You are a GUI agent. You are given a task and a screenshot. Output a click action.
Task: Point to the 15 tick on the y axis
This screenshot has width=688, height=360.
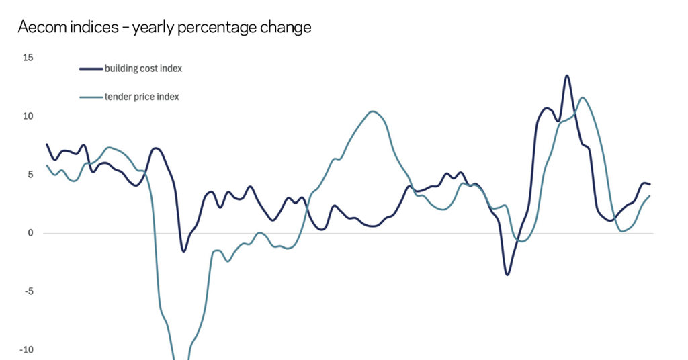point(28,58)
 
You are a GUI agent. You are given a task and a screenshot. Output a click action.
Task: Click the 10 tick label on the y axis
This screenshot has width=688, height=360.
point(28,116)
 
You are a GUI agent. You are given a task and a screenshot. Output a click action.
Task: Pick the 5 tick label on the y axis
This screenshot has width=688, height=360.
point(30,175)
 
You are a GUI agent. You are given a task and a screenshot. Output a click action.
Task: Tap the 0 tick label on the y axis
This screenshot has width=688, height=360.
point(30,233)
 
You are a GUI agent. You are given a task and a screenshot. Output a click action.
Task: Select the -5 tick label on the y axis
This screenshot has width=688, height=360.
point(28,291)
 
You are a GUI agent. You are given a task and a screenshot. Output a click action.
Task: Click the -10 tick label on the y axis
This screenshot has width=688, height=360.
point(26,350)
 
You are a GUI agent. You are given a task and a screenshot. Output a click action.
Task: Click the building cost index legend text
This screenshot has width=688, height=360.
point(143,69)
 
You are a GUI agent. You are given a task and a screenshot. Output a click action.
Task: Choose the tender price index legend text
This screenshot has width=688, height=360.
point(142,97)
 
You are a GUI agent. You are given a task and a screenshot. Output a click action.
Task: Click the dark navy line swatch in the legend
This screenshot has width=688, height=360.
point(91,69)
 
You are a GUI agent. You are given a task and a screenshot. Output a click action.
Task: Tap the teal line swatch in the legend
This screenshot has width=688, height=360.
point(91,97)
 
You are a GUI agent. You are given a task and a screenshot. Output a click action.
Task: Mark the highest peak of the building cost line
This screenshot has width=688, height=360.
point(566,75)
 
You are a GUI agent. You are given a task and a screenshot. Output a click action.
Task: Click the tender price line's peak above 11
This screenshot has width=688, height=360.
point(582,97)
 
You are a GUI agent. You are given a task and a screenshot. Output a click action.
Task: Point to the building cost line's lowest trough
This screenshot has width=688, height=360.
point(507,274)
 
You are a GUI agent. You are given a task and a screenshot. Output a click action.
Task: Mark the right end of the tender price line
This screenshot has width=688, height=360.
point(650,196)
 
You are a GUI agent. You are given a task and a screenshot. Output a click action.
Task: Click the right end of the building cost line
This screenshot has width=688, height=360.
point(650,184)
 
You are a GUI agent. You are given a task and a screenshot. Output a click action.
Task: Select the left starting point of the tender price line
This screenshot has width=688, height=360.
point(46,165)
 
